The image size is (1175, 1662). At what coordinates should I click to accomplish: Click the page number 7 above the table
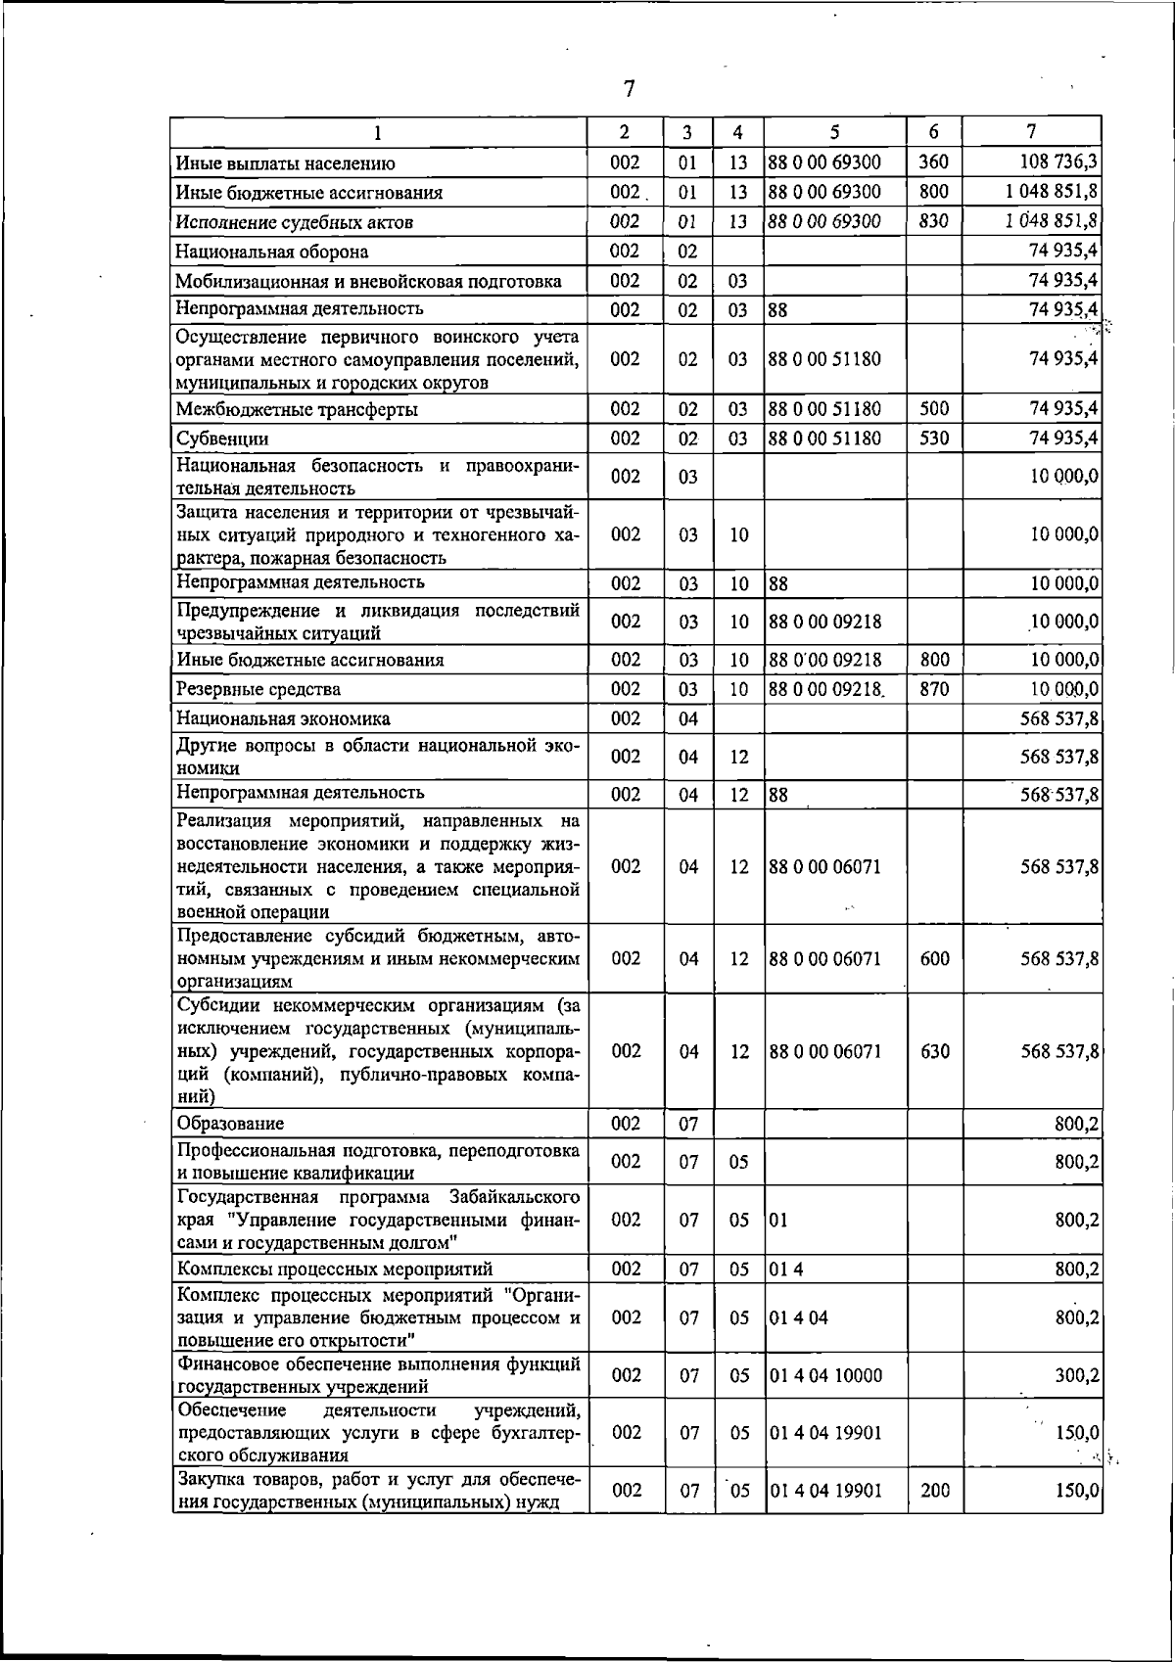pyautogui.click(x=629, y=89)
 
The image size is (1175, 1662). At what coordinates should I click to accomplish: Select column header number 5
pyautogui.click(x=834, y=132)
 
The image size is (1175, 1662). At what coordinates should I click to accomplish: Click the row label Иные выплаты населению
pyautogui.click(x=285, y=163)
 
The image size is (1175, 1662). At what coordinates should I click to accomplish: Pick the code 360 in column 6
pyautogui.click(x=934, y=162)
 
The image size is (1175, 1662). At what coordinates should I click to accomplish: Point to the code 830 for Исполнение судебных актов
pyautogui.click(x=934, y=220)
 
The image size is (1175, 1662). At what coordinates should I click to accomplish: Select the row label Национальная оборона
pyautogui.click(x=272, y=252)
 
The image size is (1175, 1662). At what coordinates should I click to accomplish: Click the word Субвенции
pyautogui.click(x=222, y=439)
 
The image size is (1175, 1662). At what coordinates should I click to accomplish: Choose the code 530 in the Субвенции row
pyautogui.click(x=934, y=438)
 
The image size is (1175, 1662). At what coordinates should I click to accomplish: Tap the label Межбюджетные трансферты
pyautogui.click(x=297, y=409)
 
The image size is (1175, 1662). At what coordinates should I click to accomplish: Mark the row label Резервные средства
pyautogui.click(x=258, y=689)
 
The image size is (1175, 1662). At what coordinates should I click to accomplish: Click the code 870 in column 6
pyautogui.click(x=934, y=688)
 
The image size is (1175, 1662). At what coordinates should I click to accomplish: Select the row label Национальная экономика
pyautogui.click(x=283, y=718)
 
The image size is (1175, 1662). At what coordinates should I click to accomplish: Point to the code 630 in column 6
pyautogui.click(x=934, y=1051)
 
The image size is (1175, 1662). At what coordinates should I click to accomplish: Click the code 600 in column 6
pyautogui.click(x=934, y=959)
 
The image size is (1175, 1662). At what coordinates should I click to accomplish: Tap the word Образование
pyautogui.click(x=230, y=1124)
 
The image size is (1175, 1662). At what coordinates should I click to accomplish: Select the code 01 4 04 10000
pyautogui.click(x=825, y=1375)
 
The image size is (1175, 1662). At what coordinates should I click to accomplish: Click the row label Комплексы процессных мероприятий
pyautogui.click(x=334, y=1270)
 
